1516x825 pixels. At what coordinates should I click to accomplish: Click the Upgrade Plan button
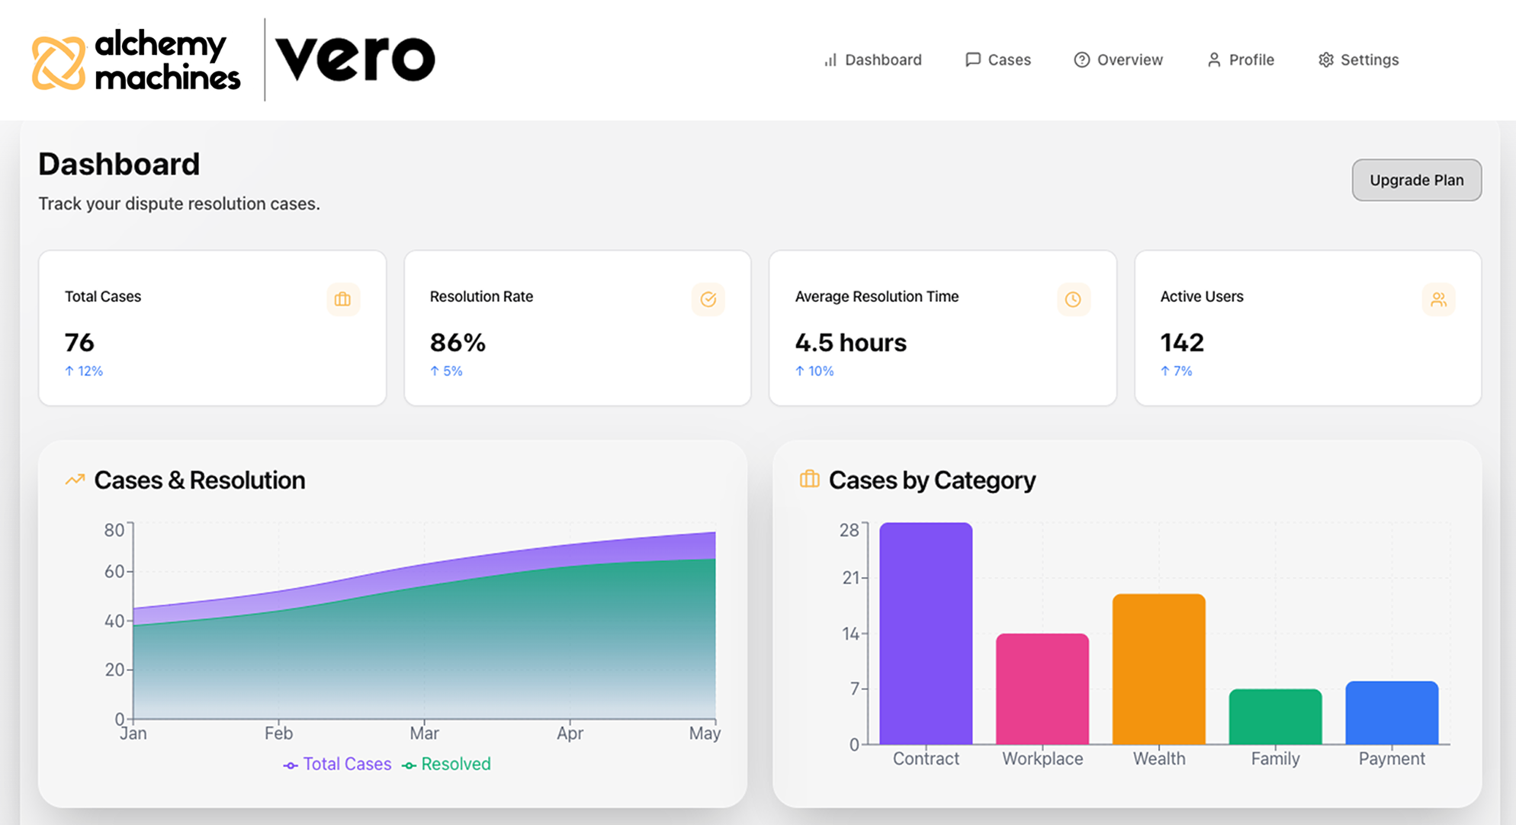pos(1416,180)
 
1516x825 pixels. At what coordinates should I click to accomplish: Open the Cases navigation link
pos(998,59)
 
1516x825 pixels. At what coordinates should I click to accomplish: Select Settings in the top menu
pos(1359,59)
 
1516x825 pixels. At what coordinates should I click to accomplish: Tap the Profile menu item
pos(1241,59)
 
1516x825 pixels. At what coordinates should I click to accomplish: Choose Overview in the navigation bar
pos(1119,59)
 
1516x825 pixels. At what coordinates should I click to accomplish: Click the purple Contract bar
pos(926,633)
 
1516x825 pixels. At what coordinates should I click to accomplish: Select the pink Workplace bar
pos(1042,689)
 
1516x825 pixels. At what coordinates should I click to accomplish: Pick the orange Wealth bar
pos(1158,669)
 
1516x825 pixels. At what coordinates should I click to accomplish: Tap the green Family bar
pos(1275,717)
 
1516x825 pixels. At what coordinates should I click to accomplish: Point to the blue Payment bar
pos(1392,713)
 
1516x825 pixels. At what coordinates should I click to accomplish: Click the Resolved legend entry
pos(447,764)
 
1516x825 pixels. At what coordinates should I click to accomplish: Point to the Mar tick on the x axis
pos(424,733)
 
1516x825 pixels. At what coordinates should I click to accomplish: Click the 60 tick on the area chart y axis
pos(114,571)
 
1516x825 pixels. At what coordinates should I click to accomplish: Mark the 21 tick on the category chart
pos(850,578)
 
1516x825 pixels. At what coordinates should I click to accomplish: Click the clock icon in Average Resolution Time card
pos(1073,300)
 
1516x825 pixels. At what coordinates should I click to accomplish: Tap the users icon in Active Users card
pos(1438,300)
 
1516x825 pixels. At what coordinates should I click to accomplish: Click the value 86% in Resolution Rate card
pos(458,342)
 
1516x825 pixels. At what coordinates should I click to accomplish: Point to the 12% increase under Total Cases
pos(84,371)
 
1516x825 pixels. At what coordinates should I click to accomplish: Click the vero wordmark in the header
pos(355,58)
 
